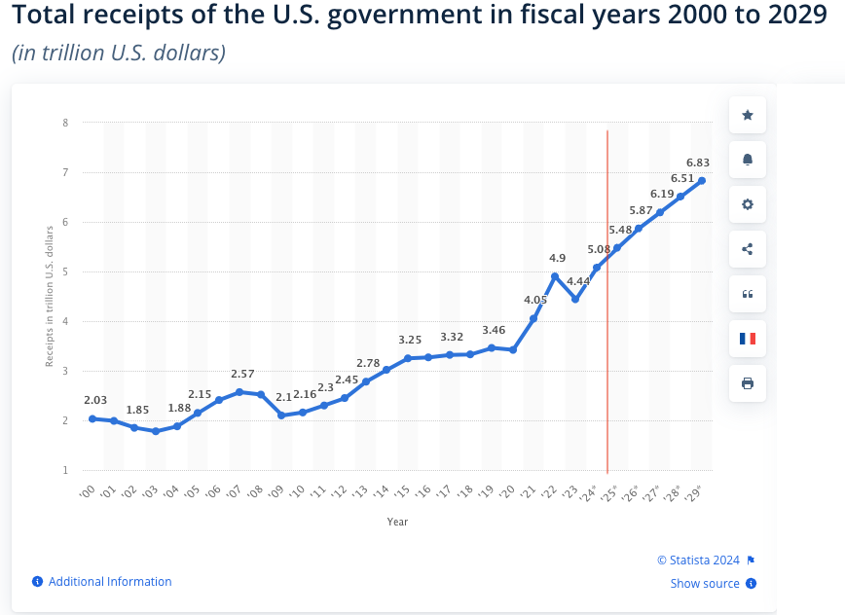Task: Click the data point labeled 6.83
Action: click(x=702, y=181)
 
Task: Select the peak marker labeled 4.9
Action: click(x=555, y=276)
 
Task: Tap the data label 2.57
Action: click(x=242, y=374)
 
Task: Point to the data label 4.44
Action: click(x=576, y=281)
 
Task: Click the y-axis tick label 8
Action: click(x=65, y=123)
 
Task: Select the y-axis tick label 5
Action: click(x=65, y=271)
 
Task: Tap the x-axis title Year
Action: click(x=397, y=522)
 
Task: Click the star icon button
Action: click(x=748, y=115)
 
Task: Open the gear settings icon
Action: click(x=748, y=204)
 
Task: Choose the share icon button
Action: click(x=748, y=249)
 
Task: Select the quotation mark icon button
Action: click(x=748, y=294)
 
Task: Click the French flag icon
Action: click(x=748, y=339)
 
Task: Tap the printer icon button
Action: click(x=748, y=383)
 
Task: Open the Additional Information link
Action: click(x=110, y=582)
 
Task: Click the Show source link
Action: click(x=705, y=584)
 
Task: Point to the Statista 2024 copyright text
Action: click(x=699, y=560)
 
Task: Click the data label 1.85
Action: click(x=137, y=411)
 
